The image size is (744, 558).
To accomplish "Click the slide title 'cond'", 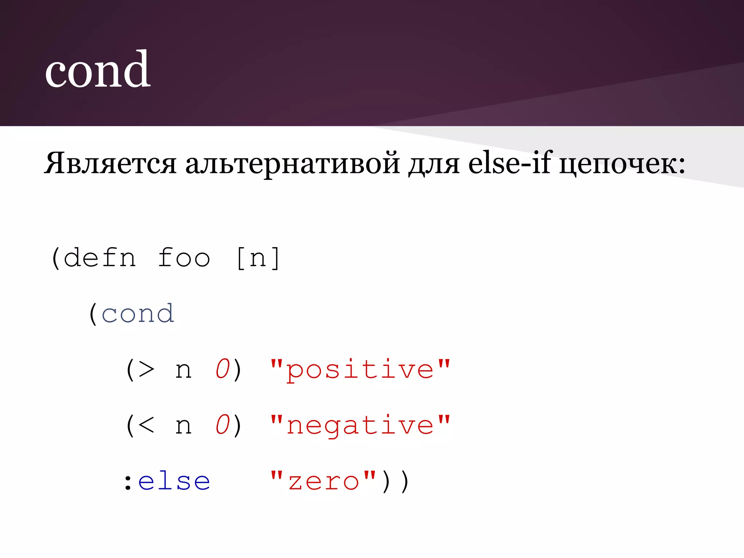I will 97,70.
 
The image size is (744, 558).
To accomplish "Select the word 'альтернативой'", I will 292,163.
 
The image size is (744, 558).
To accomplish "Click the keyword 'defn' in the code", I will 100,258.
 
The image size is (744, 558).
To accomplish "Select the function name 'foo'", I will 184,258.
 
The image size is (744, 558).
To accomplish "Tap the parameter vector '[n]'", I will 258,258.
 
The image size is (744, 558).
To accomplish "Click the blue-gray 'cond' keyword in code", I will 138,314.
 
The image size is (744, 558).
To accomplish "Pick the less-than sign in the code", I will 146,425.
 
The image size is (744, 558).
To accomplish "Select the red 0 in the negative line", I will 223,425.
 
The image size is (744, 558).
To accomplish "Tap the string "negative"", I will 360,425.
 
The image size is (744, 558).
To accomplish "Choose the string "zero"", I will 323,482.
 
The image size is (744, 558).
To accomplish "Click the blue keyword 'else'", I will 174,482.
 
